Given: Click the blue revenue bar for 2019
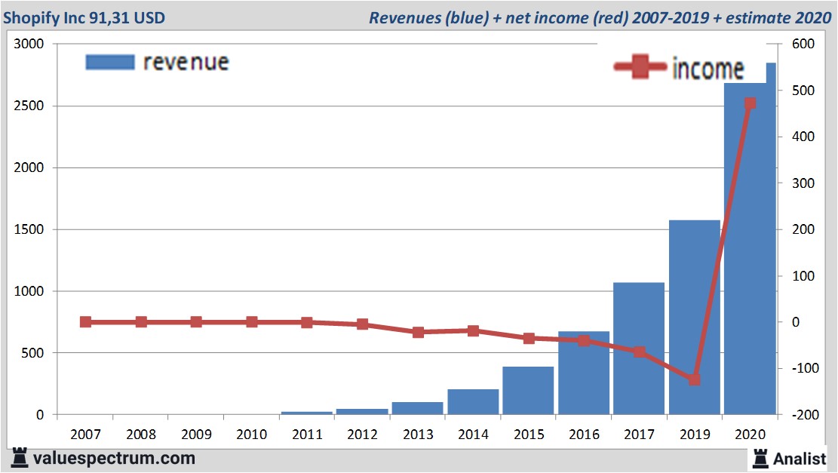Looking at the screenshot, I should pyautogui.click(x=694, y=317).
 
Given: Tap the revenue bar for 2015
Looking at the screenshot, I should pyautogui.click(x=528, y=391).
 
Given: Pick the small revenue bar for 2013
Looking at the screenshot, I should pyautogui.click(x=417, y=408).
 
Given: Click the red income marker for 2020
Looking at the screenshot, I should pyautogui.click(x=750, y=103).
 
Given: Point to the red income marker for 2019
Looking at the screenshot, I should pyautogui.click(x=695, y=379).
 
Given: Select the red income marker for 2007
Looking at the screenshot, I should pyautogui.click(x=85, y=322).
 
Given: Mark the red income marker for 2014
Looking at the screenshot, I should pyautogui.click(x=473, y=330).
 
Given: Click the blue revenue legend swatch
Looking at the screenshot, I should pyautogui.click(x=110, y=62).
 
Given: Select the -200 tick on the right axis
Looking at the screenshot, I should pyautogui.click(x=801, y=415).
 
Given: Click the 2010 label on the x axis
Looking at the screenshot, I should pyautogui.click(x=251, y=435).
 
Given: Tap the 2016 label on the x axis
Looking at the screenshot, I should pyautogui.click(x=584, y=435).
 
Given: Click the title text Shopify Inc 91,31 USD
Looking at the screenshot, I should pyautogui.click(x=84, y=17).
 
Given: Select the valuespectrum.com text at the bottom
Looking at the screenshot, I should pyautogui.click(x=113, y=458).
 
